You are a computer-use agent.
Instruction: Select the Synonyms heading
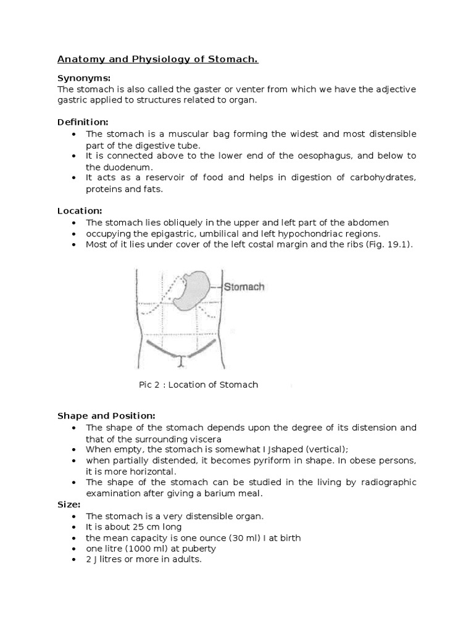[84, 78]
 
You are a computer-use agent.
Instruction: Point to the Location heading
[80, 211]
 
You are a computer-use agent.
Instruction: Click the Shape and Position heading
[106, 416]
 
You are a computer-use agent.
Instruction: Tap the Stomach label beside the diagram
[244, 287]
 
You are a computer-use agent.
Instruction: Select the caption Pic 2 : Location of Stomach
[198, 385]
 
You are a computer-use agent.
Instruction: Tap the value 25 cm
[135, 527]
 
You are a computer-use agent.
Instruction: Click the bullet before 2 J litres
[75, 560]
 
